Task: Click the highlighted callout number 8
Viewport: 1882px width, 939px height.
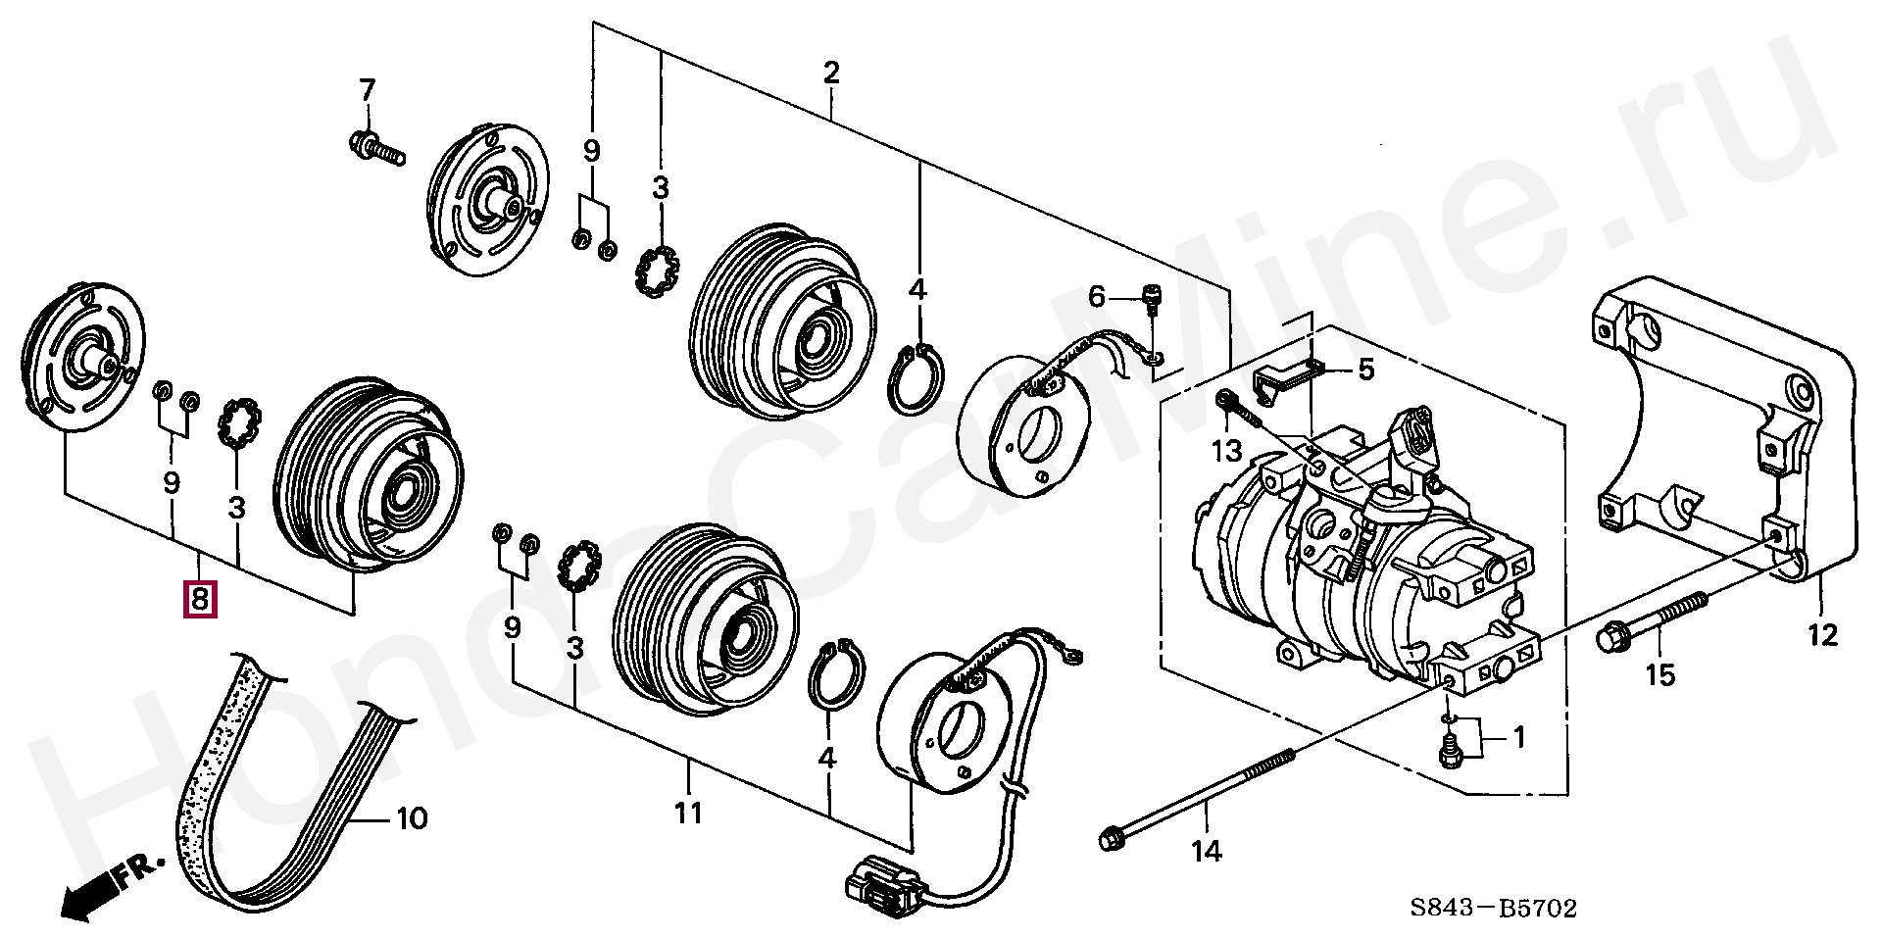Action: tap(199, 598)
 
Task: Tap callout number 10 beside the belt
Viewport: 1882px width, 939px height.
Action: tap(413, 817)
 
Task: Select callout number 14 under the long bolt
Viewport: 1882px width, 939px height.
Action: tap(1208, 852)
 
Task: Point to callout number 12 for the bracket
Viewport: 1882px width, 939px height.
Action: tap(1822, 635)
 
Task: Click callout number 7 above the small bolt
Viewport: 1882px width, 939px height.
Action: tap(366, 91)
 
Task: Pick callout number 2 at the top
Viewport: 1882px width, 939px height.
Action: tap(831, 73)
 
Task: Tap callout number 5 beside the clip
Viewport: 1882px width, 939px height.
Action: tap(1365, 370)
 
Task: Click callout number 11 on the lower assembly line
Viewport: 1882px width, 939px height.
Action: tap(688, 813)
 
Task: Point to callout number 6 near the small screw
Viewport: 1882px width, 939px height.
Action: tap(1097, 296)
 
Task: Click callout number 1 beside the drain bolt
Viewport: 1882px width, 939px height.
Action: tap(1518, 737)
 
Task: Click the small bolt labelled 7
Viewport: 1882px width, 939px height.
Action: tap(375, 147)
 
